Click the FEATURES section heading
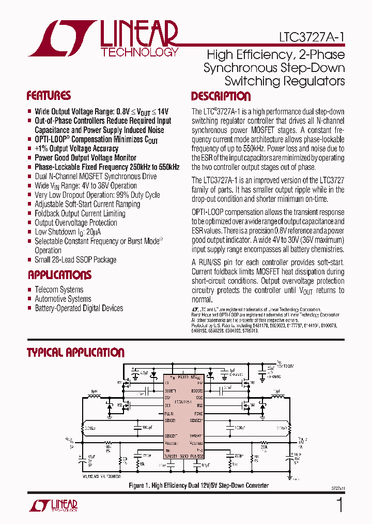[49, 96]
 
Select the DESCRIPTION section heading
[221, 96]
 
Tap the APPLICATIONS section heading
[59, 275]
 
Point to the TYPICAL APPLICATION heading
[75, 353]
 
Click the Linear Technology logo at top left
[103, 38]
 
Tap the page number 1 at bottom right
[339, 504]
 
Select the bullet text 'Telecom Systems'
[59, 289]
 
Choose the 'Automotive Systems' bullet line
[63, 299]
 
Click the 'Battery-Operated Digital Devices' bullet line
[79, 308]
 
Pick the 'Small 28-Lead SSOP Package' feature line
[75, 260]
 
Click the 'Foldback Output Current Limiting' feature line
[80, 213]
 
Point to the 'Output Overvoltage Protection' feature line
[76, 223]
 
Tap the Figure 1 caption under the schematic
[198, 485]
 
